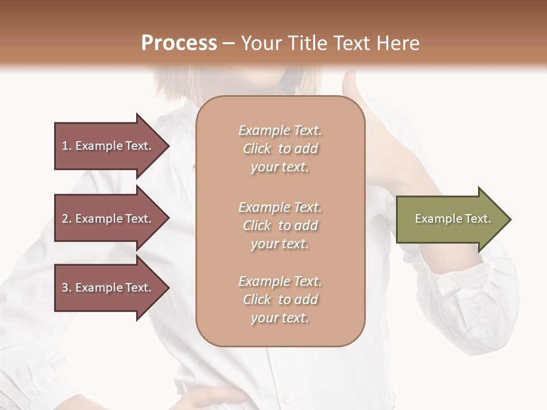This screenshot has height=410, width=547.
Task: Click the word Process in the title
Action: point(179,43)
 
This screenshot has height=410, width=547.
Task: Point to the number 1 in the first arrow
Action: point(65,146)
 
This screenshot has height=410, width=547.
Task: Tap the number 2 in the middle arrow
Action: point(65,219)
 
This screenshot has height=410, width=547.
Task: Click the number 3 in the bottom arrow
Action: point(65,288)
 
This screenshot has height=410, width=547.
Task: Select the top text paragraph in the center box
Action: point(280,149)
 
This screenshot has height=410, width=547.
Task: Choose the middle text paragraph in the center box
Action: point(280,225)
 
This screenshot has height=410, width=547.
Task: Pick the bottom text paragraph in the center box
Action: point(280,300)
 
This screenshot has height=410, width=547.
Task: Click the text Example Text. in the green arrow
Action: point(453,219)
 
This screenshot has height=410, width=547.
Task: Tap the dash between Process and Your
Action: point(228,43)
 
